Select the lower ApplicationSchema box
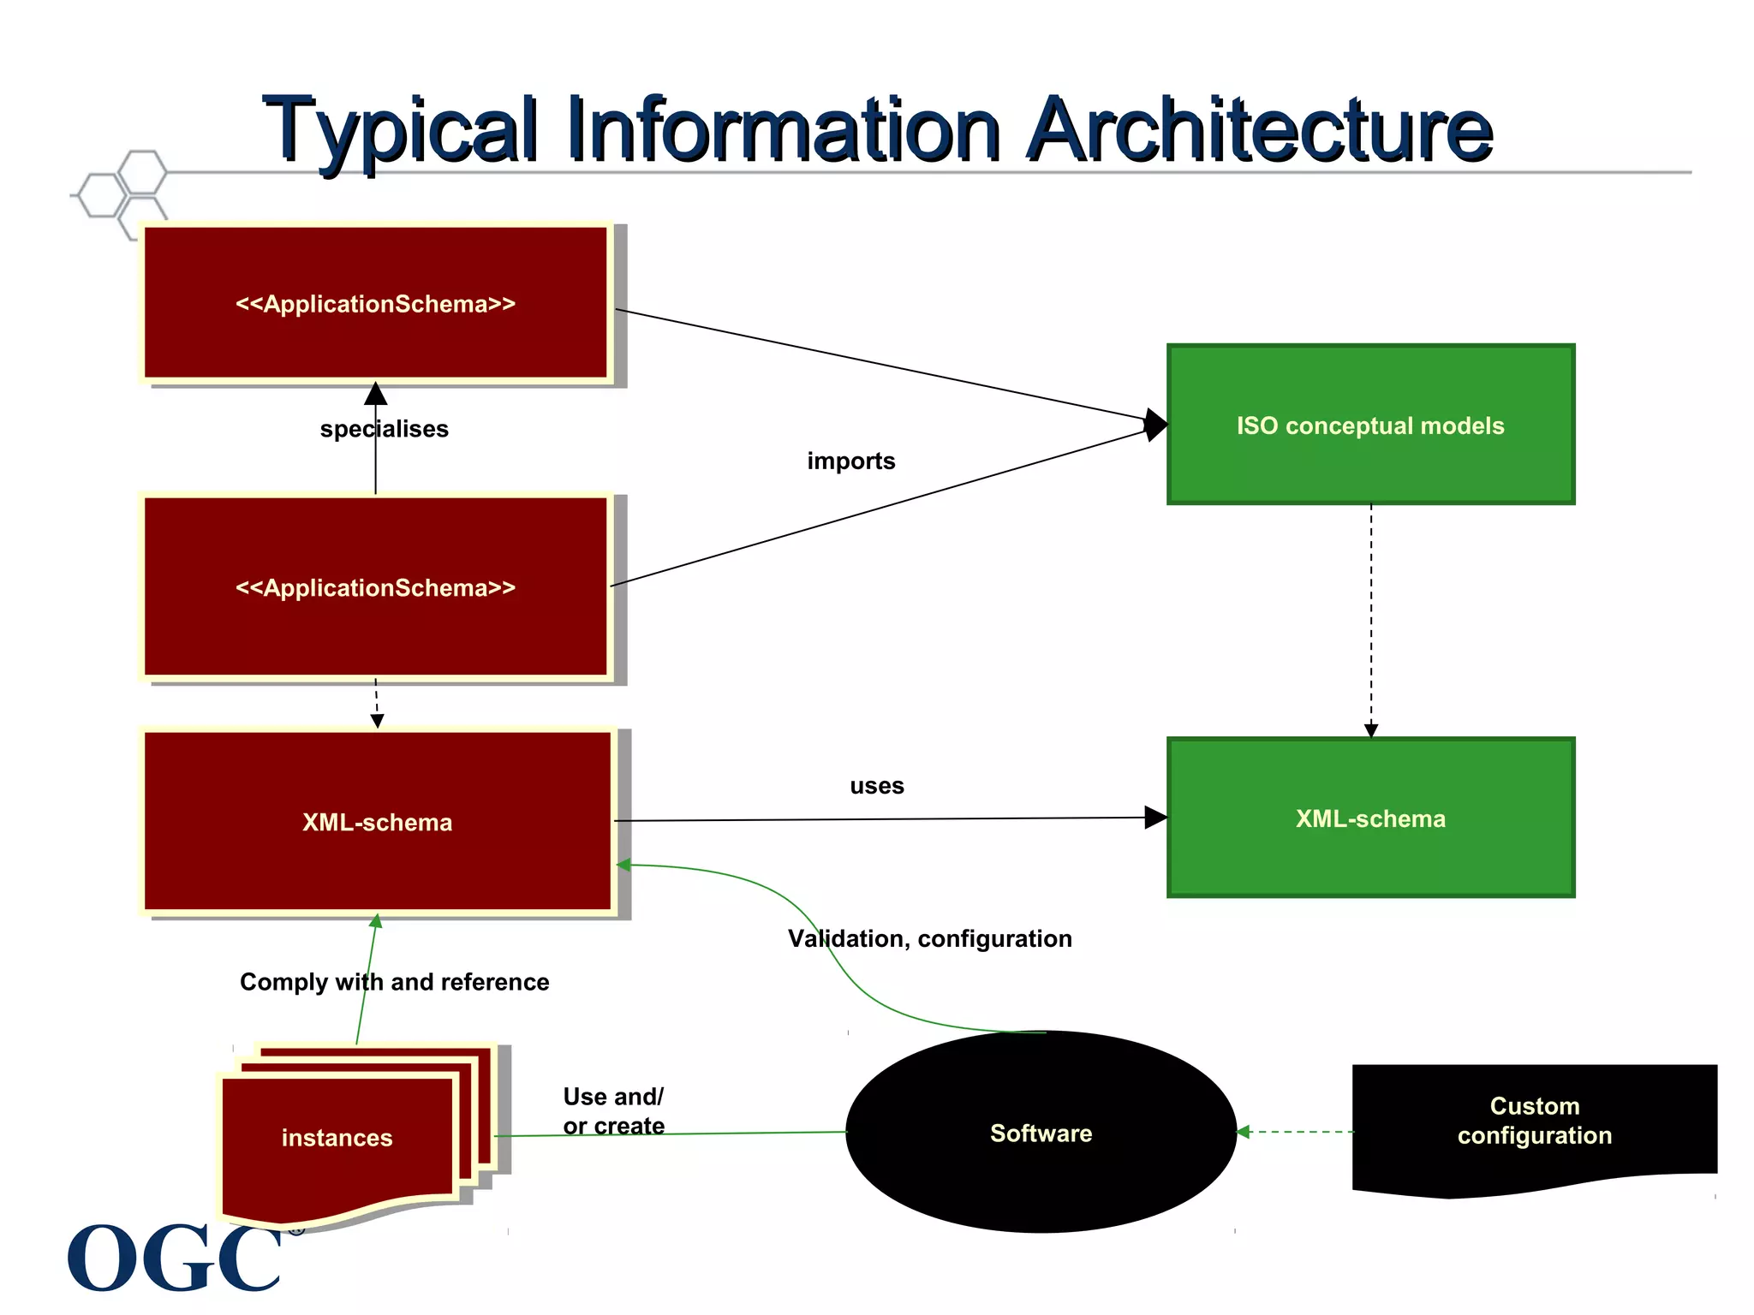pyautogui.click(x=376, y=587)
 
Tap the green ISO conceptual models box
pyautogui.click(x=1370, y=425)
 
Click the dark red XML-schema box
pyautogui.click(x=377, y=822)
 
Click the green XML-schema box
pyautogui.click(x=1370, y=818)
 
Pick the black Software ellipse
pyautogui.click(x=1041, y=1132)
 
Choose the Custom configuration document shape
pyautogui.click(x=1534, y=1122)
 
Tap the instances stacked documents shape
pyautogui.click(x=337, y=1138)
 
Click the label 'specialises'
pyautogui.click(x=384, y=429)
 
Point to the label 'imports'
pyautogui.click(x=850, y=461)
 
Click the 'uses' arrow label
pyautogui.click(x=876, y=786)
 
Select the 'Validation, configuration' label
pyautogui.click(x=929, y=938)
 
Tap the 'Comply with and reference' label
pyautogui.click(x=394, y=982)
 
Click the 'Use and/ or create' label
pyautogui.click(x=613, y=1110)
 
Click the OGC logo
pyautogui.click(x=176, y=1256)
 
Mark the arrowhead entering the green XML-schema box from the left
pyautogui.click(x=1155, y=818)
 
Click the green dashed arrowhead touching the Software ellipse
pyautogui.click(x=1244, y=1132)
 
